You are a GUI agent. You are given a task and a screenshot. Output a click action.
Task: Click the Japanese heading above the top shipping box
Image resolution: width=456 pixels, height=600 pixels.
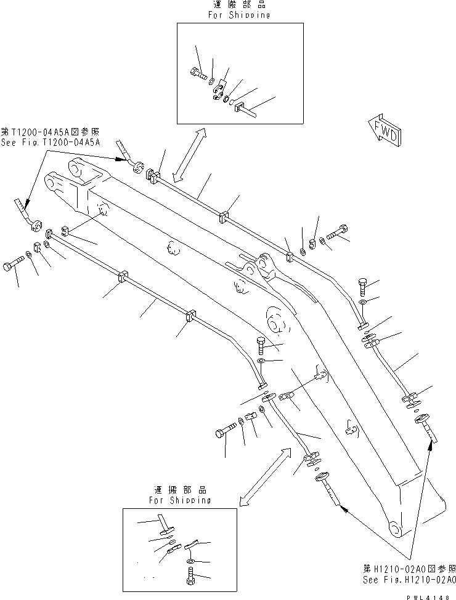tap(240, 4)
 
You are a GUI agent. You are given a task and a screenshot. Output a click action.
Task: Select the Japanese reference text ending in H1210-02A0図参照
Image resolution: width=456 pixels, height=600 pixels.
tap(408, 569)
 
